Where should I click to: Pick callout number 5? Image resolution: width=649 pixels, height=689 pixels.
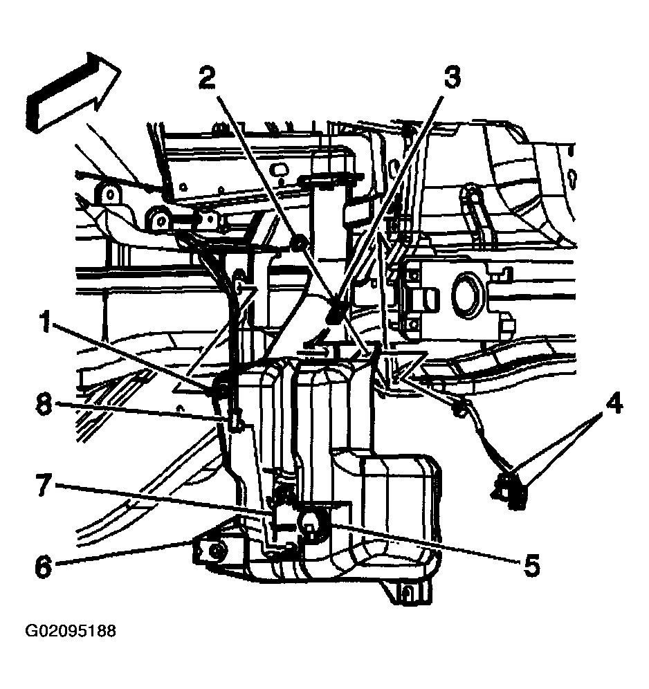(x=531, y=566)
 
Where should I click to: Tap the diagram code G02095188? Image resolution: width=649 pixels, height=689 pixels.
(x=71, y=632)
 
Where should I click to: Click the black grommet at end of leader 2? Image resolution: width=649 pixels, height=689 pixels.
(x=299, y=243)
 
